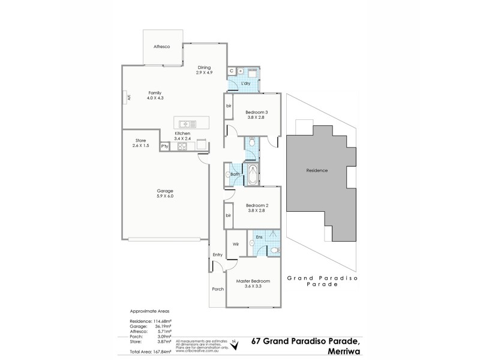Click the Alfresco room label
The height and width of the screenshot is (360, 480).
(162, 46)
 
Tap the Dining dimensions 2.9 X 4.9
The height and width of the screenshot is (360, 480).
(205, 73)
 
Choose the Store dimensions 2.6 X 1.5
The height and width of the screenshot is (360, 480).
(141, 145)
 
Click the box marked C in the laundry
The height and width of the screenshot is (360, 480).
(232, 71)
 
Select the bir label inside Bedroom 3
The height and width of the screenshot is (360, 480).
(229, 106)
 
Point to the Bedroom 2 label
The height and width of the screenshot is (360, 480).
(256, 205)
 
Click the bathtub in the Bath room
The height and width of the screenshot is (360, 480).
(253, 175)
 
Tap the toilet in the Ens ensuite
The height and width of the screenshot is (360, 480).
(274, 250)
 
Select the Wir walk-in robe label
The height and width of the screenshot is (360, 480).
(236, 244)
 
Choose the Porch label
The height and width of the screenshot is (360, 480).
(217, 289)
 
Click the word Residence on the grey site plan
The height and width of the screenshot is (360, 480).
(317, 170)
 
